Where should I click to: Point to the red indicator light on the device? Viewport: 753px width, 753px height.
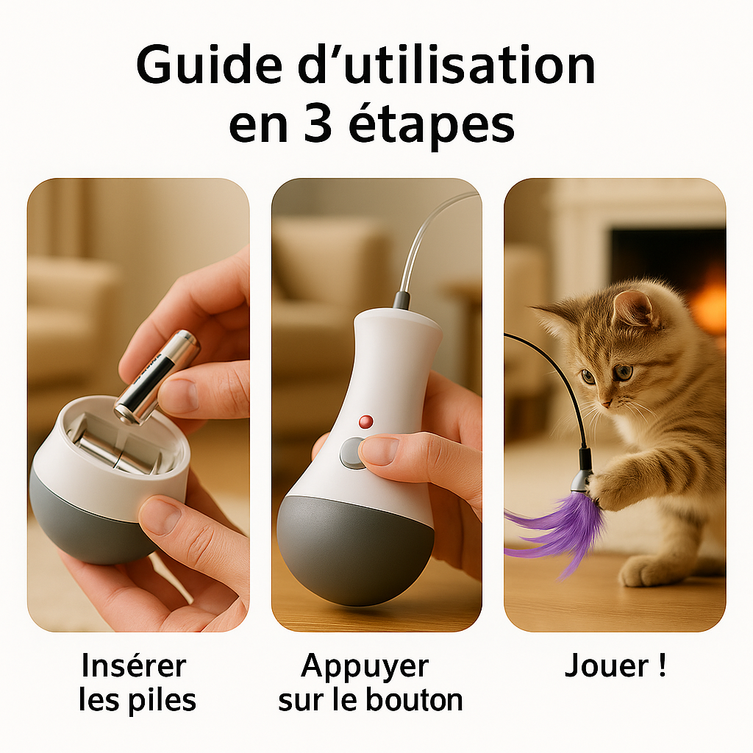tap(365, 421)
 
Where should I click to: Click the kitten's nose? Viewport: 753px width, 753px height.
tap(604, 404)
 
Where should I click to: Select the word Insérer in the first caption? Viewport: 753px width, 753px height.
tap(134, 666)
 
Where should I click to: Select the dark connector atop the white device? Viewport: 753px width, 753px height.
tap(402, 299)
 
